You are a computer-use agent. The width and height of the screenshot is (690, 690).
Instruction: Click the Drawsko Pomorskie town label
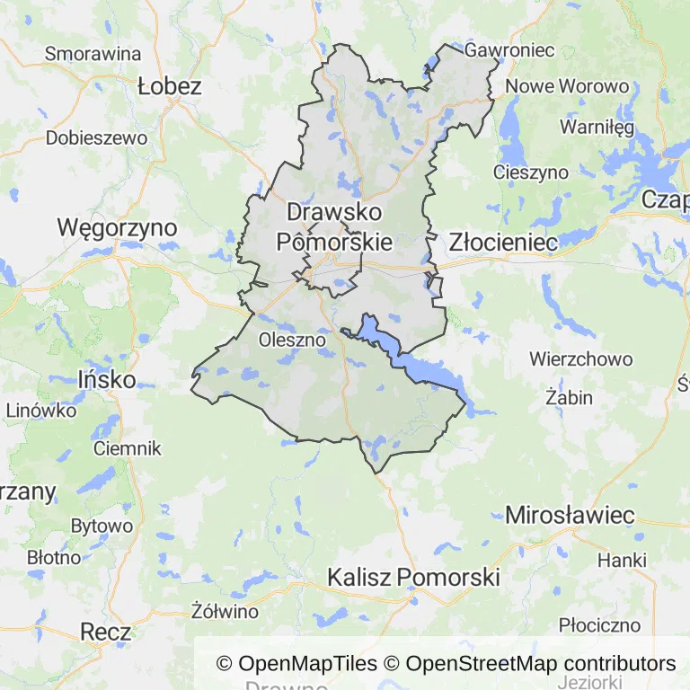point(333,226)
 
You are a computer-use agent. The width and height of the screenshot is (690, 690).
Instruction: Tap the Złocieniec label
point(503,243)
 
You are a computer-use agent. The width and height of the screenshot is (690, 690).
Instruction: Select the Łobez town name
point(170,87)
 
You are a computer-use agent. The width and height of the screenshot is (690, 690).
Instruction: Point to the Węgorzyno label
point(117,227)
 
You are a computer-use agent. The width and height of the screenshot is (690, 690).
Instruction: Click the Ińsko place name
point(107,379)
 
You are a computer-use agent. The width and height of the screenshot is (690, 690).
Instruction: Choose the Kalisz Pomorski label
point(413,577)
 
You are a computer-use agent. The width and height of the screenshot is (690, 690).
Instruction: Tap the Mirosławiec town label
point(570,516)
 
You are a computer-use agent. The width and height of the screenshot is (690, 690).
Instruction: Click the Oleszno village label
point(289,340)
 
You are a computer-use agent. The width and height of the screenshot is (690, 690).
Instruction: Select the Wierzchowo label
point(580,359)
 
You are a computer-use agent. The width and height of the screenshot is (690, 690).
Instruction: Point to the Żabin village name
point(569,396)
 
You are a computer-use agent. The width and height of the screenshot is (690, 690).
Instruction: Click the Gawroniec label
point(509,50)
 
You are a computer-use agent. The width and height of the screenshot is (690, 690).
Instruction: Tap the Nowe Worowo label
point(567,87)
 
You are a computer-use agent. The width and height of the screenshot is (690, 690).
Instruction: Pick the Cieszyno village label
point(531,172)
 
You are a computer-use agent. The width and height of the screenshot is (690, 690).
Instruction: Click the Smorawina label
point(93,53)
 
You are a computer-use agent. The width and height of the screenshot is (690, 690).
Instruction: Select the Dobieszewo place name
point(96,138)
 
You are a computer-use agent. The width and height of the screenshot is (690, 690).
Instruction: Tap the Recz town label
point(105,632)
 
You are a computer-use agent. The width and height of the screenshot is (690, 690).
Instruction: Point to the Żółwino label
point(226,612)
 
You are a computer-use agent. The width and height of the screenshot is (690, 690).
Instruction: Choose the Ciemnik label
point(127,447)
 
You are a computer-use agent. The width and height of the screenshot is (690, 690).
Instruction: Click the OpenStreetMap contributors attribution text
point(541,664)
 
